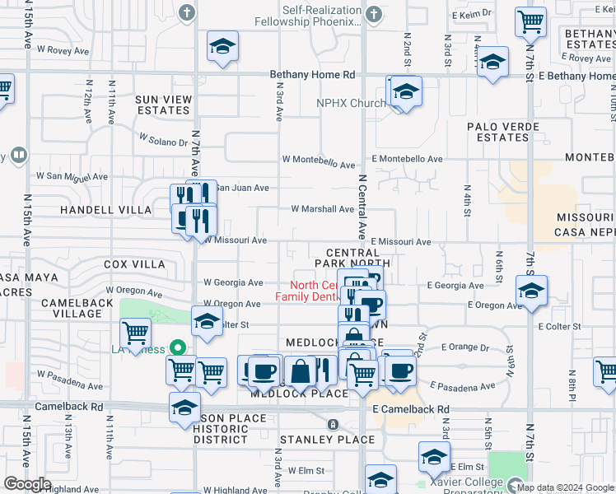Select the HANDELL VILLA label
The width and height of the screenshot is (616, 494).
click(106, 210)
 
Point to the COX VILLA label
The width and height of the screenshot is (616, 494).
click(135, 264)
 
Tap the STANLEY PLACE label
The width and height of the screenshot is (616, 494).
click(327, 440)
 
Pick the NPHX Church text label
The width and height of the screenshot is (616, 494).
click(351, 103)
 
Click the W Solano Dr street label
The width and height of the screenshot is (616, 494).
click(163, 141)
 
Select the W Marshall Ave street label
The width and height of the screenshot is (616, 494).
click(322, 209)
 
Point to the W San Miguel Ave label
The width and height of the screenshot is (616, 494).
click(72, 176)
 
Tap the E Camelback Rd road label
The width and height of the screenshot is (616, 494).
click(410, 409)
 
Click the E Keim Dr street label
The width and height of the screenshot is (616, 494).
click(472, 14)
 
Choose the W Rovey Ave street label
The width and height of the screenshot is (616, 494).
click(62, 49)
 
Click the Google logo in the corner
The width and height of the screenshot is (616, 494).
click(27, 484)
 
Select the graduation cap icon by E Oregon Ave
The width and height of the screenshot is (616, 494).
click(531, 290)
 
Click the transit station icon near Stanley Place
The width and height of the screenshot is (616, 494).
click(332, 424)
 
